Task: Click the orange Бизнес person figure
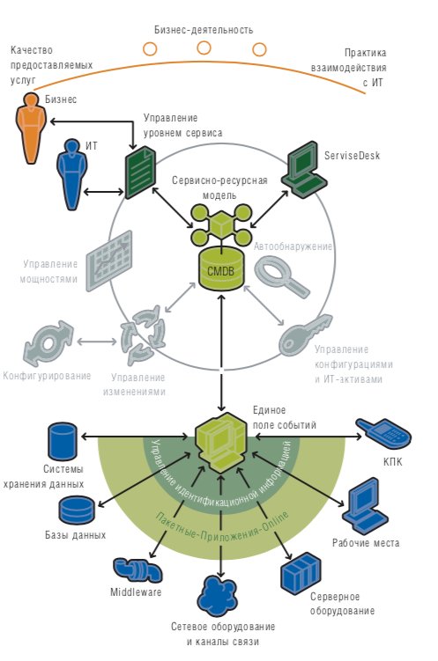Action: [31, 128]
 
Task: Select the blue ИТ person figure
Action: [71, 173]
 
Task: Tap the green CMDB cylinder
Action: [220, 269]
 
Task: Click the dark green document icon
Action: [140, 172]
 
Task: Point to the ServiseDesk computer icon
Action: [304, 170]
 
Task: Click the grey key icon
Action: [305, 335]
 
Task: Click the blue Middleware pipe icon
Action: [137, 570]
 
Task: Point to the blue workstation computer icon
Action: [365, 506]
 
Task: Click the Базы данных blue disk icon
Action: [77, 510]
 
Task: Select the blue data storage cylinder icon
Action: [63, 441]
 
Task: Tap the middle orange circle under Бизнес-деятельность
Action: [204, 48]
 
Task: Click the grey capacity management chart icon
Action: [109, 261]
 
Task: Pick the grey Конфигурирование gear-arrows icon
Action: [48, 343]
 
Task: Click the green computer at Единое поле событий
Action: [220, 443]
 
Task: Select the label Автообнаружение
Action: [293, 246]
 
